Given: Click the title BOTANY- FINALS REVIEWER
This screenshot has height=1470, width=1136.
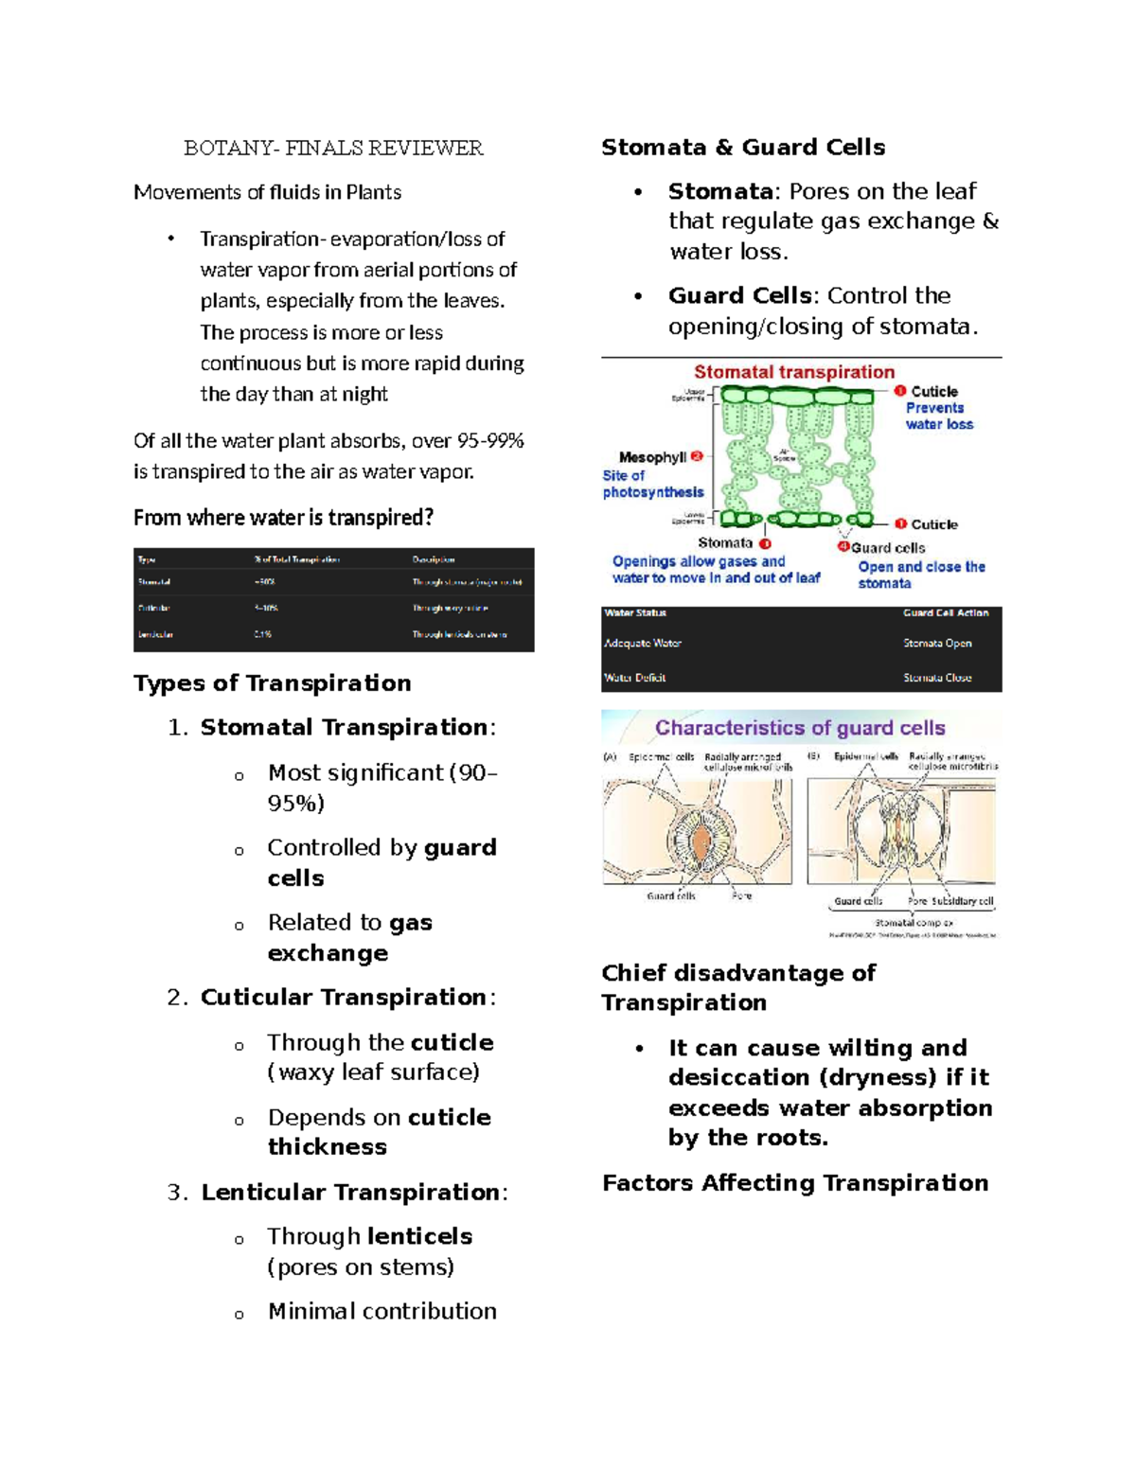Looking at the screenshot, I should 333,148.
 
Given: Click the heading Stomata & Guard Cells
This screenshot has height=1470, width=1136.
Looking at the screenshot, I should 743,148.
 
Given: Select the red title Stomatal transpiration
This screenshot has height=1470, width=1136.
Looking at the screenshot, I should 794,372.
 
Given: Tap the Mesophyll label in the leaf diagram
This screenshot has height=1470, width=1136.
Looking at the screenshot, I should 652,457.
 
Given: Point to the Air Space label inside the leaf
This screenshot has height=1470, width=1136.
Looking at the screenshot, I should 784,454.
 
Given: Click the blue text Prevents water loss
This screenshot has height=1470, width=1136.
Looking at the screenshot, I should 938,416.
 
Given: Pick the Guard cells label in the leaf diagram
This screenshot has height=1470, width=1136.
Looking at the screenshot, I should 887,548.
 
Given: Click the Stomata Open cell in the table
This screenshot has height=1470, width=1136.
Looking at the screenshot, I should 937,644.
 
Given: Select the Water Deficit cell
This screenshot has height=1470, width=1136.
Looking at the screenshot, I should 635,678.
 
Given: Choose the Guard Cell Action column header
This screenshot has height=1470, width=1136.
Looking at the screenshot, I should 945,613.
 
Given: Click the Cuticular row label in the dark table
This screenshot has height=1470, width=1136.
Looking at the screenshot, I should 154,608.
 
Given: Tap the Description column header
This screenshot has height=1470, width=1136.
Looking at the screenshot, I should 434,559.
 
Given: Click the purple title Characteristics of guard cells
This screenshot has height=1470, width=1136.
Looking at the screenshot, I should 800,728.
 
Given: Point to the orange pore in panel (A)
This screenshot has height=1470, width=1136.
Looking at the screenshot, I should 700,840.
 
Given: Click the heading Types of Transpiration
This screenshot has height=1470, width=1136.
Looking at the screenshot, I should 273,683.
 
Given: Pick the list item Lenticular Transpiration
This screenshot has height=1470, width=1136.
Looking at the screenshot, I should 349,1192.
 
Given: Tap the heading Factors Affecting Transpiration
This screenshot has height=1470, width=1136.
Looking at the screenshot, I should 795,1183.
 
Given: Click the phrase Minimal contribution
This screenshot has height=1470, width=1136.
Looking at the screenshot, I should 382,1311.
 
